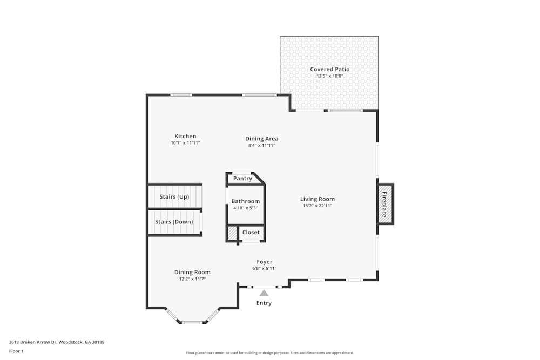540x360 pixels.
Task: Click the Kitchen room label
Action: click(x=185, y=136)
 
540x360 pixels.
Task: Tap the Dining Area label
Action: click(x=261, y=139)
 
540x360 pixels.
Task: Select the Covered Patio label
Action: click(x=329, y=69)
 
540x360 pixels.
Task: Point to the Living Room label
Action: click(x=318, y=199)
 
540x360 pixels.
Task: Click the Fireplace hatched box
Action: click(x=384, y=204)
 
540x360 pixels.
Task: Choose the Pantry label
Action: click(x=242, y=179)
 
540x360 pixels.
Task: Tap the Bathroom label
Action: click(x=246, y=201)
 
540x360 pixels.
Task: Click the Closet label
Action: click(x=251, y=233)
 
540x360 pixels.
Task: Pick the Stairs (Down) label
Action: click(x=174, y=222)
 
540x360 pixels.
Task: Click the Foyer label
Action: click(x=264, y=262)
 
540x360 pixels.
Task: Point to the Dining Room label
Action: click(x=192, y=272)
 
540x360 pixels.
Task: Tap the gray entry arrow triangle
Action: click(x=264, y=293)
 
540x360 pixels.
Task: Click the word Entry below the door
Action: click(x=264, y=303)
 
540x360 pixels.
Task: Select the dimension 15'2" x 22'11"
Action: click(x=318, y=206)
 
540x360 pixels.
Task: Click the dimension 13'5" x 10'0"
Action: click(x=329, y=76)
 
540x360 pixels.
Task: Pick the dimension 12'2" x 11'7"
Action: click(x=192, y=279)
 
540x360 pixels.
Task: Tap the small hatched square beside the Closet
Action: click(x=232, y=233)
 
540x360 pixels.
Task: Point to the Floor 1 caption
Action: click(x=16, y=351)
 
